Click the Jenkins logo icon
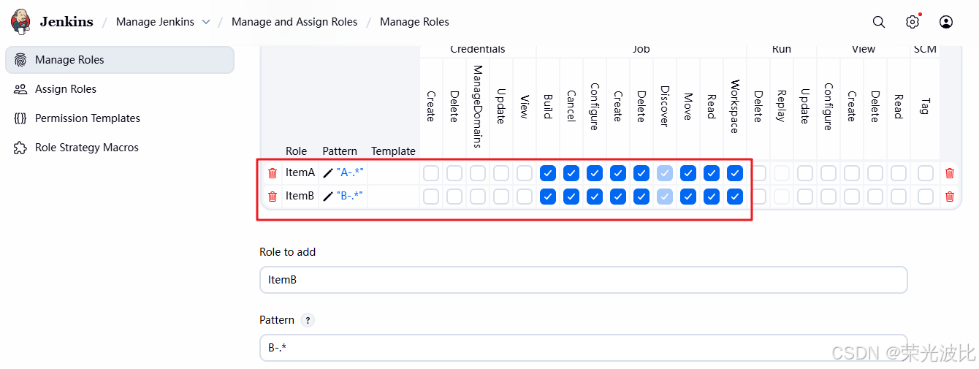pos(21,22)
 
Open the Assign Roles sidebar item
pos(66,89)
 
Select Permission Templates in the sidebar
pos(87,118)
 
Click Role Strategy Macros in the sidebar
pos(86,148)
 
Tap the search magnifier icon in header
pos(879,22)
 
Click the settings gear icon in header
pos(913,22)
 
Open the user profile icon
pos(946,22)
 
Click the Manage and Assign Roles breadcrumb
pos(294,22)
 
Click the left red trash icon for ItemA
pos(273,173)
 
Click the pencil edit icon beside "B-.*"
pos(328,197)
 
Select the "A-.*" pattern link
pos(350,173)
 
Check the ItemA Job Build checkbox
pos(548,173)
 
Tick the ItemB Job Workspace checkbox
pos(735,197)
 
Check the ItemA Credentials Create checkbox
pos(431,173)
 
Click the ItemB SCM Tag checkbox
pos(926,197)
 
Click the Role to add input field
pos(583,280)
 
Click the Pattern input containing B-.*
pos(583,348)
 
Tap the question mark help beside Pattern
pos(308,320)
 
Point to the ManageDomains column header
pos(478,106)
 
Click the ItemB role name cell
pos(300,197)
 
